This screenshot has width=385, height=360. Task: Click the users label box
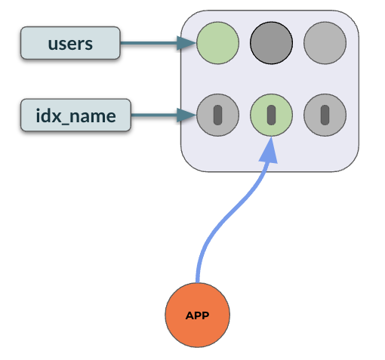pyautogui.click(x=70, y=43)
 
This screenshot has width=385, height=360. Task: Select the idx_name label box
pyautogui.click(x=75, y=115)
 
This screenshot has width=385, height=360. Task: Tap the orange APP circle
pyautogui.click(x=198, y=315)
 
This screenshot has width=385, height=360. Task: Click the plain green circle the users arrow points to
pyautogui.click(x=217, y=43)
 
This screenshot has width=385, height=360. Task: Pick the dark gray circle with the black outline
pyautogui.click(x=271, y=43)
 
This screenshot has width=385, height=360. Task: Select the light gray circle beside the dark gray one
pyautogui.click(x=325, y=43)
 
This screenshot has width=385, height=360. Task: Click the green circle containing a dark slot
pyautogui.click(x=271, y=115)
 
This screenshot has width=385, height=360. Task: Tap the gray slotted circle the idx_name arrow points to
pyautogui.click(x=217, y=115)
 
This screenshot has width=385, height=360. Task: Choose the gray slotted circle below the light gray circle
pyautogui.click(x=325, y=115)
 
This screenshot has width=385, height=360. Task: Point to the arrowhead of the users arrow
pyautogui.click(x=186, y=43)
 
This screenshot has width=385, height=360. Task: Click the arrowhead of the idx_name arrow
pyautogui.click(x=186, y=115)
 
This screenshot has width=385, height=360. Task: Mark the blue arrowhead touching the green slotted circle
pyautogui.click(x=269, y=150)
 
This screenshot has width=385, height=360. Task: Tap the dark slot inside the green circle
pyautogui.click(x=271, y=115)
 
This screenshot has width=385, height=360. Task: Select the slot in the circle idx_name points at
pyautogui.click(x=217, y=115)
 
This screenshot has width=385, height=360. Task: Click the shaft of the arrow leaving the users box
pyautogui.click(x=149, y=43)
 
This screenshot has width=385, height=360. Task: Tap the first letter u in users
pyautogui.click(x=53, y=45)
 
